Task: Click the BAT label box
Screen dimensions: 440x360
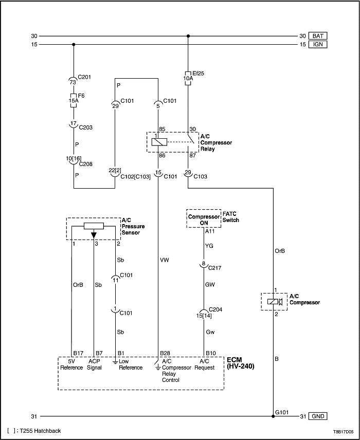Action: (318, 36)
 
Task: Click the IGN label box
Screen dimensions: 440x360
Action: (318, 45)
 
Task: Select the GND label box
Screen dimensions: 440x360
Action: (318, 416)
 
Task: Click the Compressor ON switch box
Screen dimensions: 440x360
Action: (204, 219)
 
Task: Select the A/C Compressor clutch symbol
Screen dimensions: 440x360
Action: (273, 302)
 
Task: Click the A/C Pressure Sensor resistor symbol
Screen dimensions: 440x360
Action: (94, 226)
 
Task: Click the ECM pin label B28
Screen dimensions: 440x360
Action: (165, 353)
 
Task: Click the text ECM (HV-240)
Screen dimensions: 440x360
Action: (240, 363)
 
